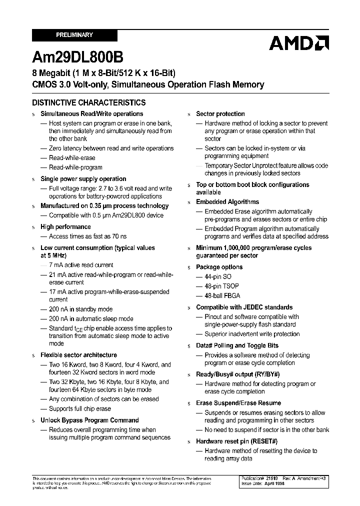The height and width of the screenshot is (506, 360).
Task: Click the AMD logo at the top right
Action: coord(298,43)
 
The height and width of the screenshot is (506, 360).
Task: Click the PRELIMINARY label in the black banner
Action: coord(74,35)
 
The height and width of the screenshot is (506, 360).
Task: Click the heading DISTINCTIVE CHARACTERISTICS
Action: coord(89,102)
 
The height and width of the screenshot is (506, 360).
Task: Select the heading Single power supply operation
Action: coord(83,179)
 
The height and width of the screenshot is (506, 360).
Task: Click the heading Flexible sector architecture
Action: coord(78,355)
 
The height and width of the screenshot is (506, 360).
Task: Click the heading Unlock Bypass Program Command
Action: coord(89,420)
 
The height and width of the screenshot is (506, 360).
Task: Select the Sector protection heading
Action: coord(220,114)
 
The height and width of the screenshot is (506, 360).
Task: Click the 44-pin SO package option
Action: coord(218,276)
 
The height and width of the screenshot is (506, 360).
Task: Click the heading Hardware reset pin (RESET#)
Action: coord(236,441)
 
